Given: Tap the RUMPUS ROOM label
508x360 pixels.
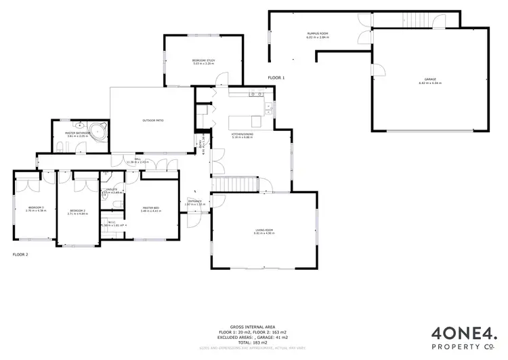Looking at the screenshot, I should click(x=317, y=34).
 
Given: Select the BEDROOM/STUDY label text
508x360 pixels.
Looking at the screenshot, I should click(x=203, y=61).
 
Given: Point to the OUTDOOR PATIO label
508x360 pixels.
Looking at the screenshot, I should click(x=152, y=120).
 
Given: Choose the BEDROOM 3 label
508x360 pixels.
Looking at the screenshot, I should click(x=36, y=207).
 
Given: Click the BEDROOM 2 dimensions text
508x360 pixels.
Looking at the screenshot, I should click(x=78, y=214).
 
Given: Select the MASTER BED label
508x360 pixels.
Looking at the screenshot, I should click(x=150, y=207).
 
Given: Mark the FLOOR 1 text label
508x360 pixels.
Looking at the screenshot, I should click(x=276, y=78).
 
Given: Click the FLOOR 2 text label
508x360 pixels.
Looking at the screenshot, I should click(x=21, y=255).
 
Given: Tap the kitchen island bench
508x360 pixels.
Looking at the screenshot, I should click(x=245, y=121).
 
